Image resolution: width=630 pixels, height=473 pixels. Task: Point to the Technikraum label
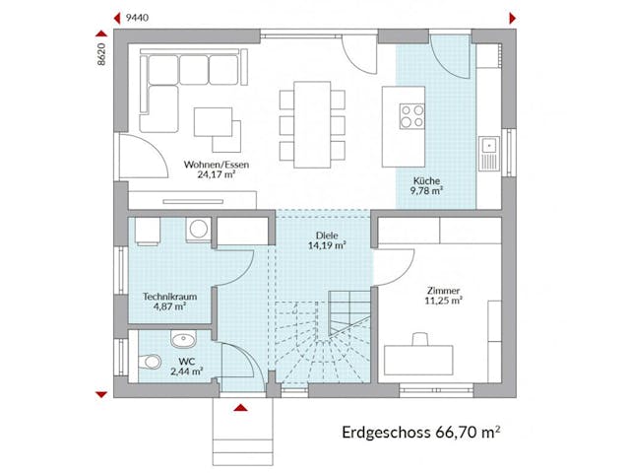pyautogui.click(x=164, y=296)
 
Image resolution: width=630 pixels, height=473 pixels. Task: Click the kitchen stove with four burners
pyautogui.click(x=409, y=116)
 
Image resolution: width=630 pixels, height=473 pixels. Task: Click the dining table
pyautogui.click(x=313, y=125)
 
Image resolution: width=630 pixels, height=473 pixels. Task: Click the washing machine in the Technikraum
pyautogui.click(x=199, y=230)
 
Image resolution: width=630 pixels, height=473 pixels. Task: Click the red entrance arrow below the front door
pyautogui.click(x=239, y=406)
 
